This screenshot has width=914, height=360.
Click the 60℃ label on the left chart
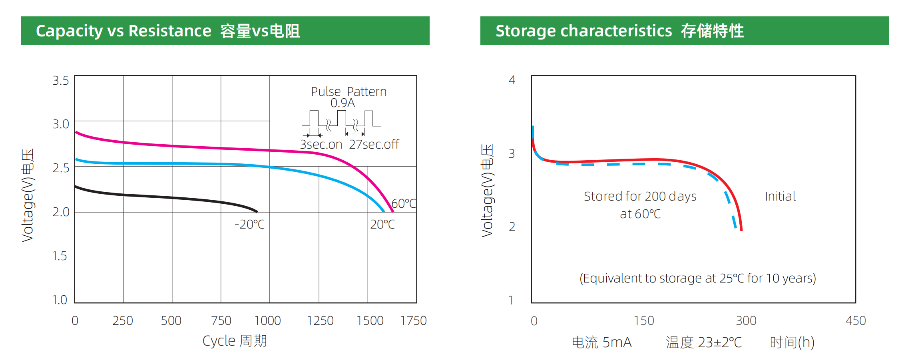coord(404,204)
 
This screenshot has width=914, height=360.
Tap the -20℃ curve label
coord(249,225)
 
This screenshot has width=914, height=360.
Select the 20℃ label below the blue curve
coord(382,225)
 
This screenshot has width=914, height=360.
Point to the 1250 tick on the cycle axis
coord(320,321)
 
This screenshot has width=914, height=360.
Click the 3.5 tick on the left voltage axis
coord(61,81)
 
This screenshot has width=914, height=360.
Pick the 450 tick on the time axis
coord(856,321)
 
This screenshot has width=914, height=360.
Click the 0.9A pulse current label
coord(343,103)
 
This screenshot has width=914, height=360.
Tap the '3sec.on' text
coord(321,144)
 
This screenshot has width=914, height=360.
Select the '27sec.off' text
coord(374,144)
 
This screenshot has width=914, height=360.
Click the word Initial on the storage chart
coord(780,196)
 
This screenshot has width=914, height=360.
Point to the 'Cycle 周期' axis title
coord(235,341)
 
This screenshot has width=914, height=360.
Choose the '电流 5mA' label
coord(601,342)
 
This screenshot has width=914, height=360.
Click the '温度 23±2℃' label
coord(703,342)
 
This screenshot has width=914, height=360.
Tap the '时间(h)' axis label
coord(792,342)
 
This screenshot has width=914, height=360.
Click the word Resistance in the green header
coord(170,31)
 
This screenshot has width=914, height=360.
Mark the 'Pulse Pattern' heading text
coord(348,92)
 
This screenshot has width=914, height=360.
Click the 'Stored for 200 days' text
coord(640,196)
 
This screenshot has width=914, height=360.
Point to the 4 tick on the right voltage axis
coord(512,80)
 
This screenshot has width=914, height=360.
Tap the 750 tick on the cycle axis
coord(221,321)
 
